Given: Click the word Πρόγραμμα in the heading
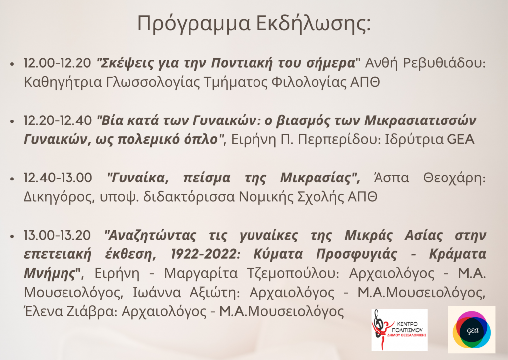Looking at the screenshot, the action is (x=194, y=24).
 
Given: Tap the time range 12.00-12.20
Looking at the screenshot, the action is (x=58, y=63).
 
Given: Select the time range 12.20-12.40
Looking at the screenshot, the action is (x=58, y=120).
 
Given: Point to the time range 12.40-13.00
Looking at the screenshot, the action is (x=58, y=178).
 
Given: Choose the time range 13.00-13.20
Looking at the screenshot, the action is (x=57, y=235).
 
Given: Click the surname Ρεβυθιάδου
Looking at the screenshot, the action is (x=444, y=63).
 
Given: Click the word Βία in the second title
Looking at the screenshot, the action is (x=111, y=120).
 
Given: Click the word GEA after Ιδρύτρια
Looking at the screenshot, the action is (x=461, y=140).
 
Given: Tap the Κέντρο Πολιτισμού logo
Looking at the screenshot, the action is (x=399, y=330).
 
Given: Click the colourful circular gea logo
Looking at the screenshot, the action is (x=471, y=330).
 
